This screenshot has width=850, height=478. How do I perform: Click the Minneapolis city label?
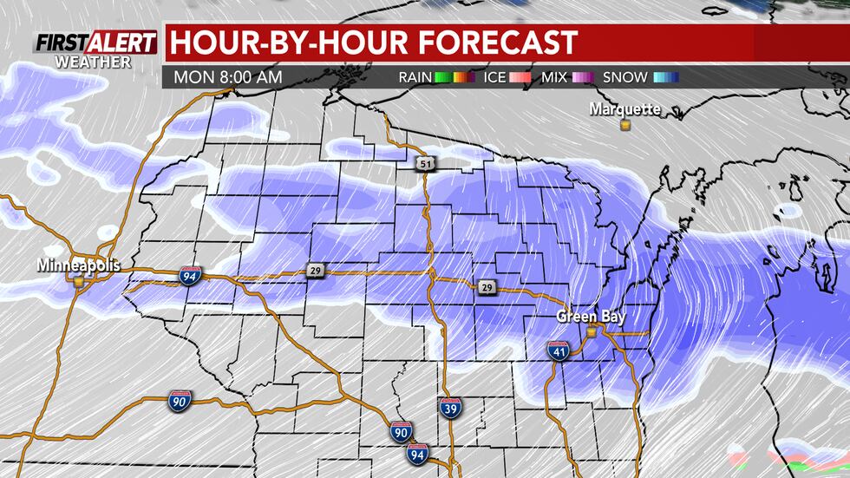click(x=79, y=265)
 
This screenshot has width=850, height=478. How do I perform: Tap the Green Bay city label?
click(x=591, y=317)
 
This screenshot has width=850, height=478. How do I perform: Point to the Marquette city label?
click(x=624, y=109)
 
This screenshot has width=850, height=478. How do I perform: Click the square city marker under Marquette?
click(x=624, y=125)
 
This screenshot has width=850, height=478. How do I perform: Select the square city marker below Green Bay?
click(x=591, y=331)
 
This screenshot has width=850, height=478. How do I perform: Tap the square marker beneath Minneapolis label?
click(x=79, y=280)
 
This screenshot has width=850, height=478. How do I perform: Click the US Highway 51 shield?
click(x=425, y=163)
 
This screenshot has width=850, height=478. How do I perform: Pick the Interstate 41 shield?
click(x=559, y=350)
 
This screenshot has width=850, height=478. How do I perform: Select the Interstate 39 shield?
click(x=449, y=409)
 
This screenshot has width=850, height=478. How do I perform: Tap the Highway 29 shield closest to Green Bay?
click(x=487, y=287)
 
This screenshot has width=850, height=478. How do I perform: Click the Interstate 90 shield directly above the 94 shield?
click(x=401, y=431)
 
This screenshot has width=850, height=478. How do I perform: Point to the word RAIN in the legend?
click(x=415, y=77)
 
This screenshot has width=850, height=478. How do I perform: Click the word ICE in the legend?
click(x=494, y=77)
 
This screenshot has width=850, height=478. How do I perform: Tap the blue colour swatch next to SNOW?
click(x=665, y=77)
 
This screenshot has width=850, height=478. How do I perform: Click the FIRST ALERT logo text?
click(x=95, y=43)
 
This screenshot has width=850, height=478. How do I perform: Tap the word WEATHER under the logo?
click(x=93, y=62)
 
